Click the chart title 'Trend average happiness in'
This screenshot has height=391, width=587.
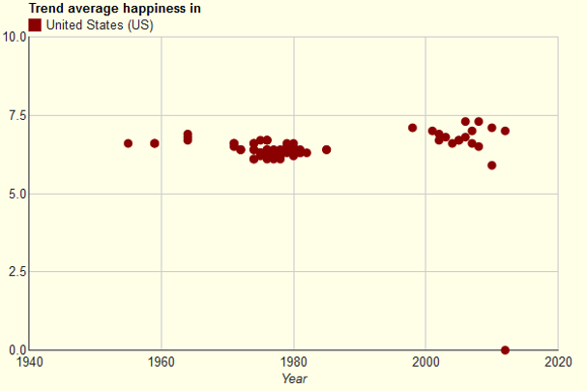click(115, 9)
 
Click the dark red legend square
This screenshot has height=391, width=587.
click(36, 24)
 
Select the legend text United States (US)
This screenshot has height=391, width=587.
click(101, 24)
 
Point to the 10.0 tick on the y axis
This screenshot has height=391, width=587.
click(15, 38)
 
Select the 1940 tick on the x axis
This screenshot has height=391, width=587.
click(30, 363)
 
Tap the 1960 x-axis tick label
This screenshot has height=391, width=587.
click(161, 363)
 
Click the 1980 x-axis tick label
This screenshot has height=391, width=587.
click(294, 363)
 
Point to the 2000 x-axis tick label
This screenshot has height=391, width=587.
click(426, 363)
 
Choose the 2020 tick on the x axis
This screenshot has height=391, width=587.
click(558, 363)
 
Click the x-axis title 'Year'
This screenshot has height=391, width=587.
click(294, 378)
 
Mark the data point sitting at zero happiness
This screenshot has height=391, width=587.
click(505, 349)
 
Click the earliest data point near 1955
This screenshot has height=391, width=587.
click(129, 143)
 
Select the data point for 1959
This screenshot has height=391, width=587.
click(155, 143)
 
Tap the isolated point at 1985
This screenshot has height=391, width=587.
click(327, 150)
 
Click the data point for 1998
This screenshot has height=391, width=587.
click(413, 128)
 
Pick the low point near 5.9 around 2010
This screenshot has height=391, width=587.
click(492, 165)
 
